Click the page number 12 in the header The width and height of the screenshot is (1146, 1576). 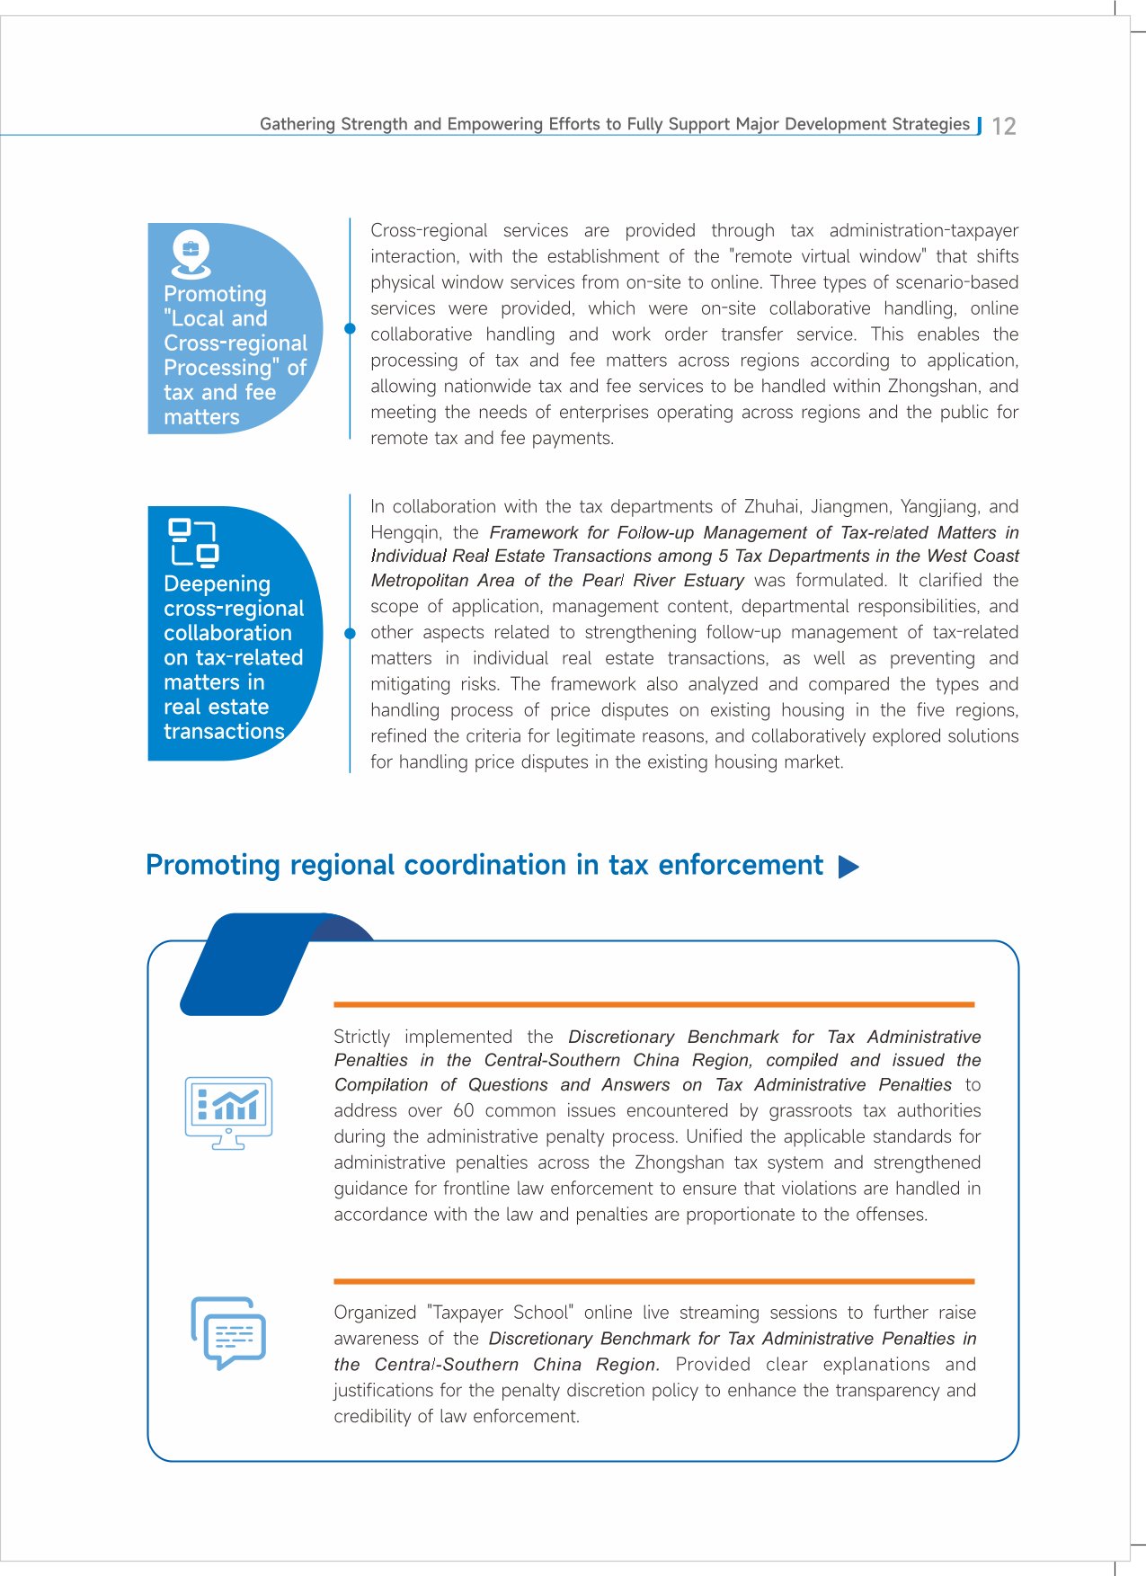click(1004, 126)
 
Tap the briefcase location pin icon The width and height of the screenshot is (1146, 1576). click(191, 254)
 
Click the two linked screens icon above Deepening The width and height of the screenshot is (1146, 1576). click(194, 543)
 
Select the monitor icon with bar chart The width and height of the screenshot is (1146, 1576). click(228, 1112)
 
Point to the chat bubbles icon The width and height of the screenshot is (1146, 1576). click(228, 1332)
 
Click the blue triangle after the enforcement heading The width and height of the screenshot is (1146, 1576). click(848, 867)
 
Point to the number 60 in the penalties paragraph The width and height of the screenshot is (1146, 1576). click(463, 1110)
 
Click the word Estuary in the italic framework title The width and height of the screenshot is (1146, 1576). click(711, 581)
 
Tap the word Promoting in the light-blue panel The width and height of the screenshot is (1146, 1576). click(215, 294)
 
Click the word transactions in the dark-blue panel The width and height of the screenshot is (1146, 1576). click(224, 731)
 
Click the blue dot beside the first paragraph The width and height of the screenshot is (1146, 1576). click(350, 328)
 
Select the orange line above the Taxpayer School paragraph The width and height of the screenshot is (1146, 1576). click(653, 1280)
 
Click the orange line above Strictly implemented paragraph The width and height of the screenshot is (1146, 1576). click(653, 1004)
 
